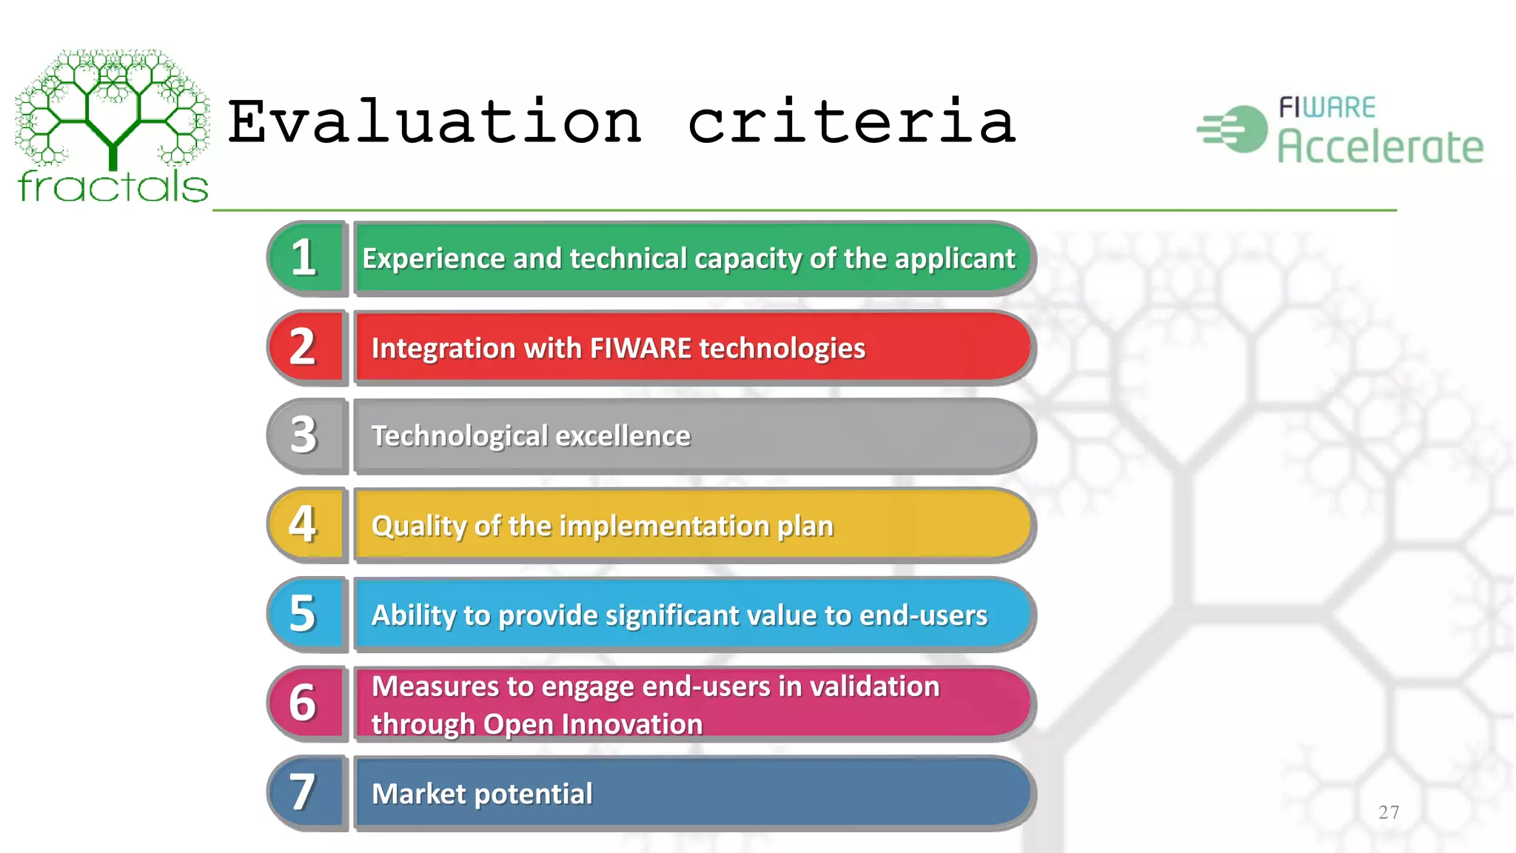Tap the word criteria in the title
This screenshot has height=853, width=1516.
click(851, 122)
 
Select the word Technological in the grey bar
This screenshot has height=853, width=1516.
click(459, 436)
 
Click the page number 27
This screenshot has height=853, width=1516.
click(1389, 812)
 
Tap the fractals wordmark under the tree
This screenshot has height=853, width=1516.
click(113, 186)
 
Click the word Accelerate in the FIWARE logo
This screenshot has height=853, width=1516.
click(1381, 146)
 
